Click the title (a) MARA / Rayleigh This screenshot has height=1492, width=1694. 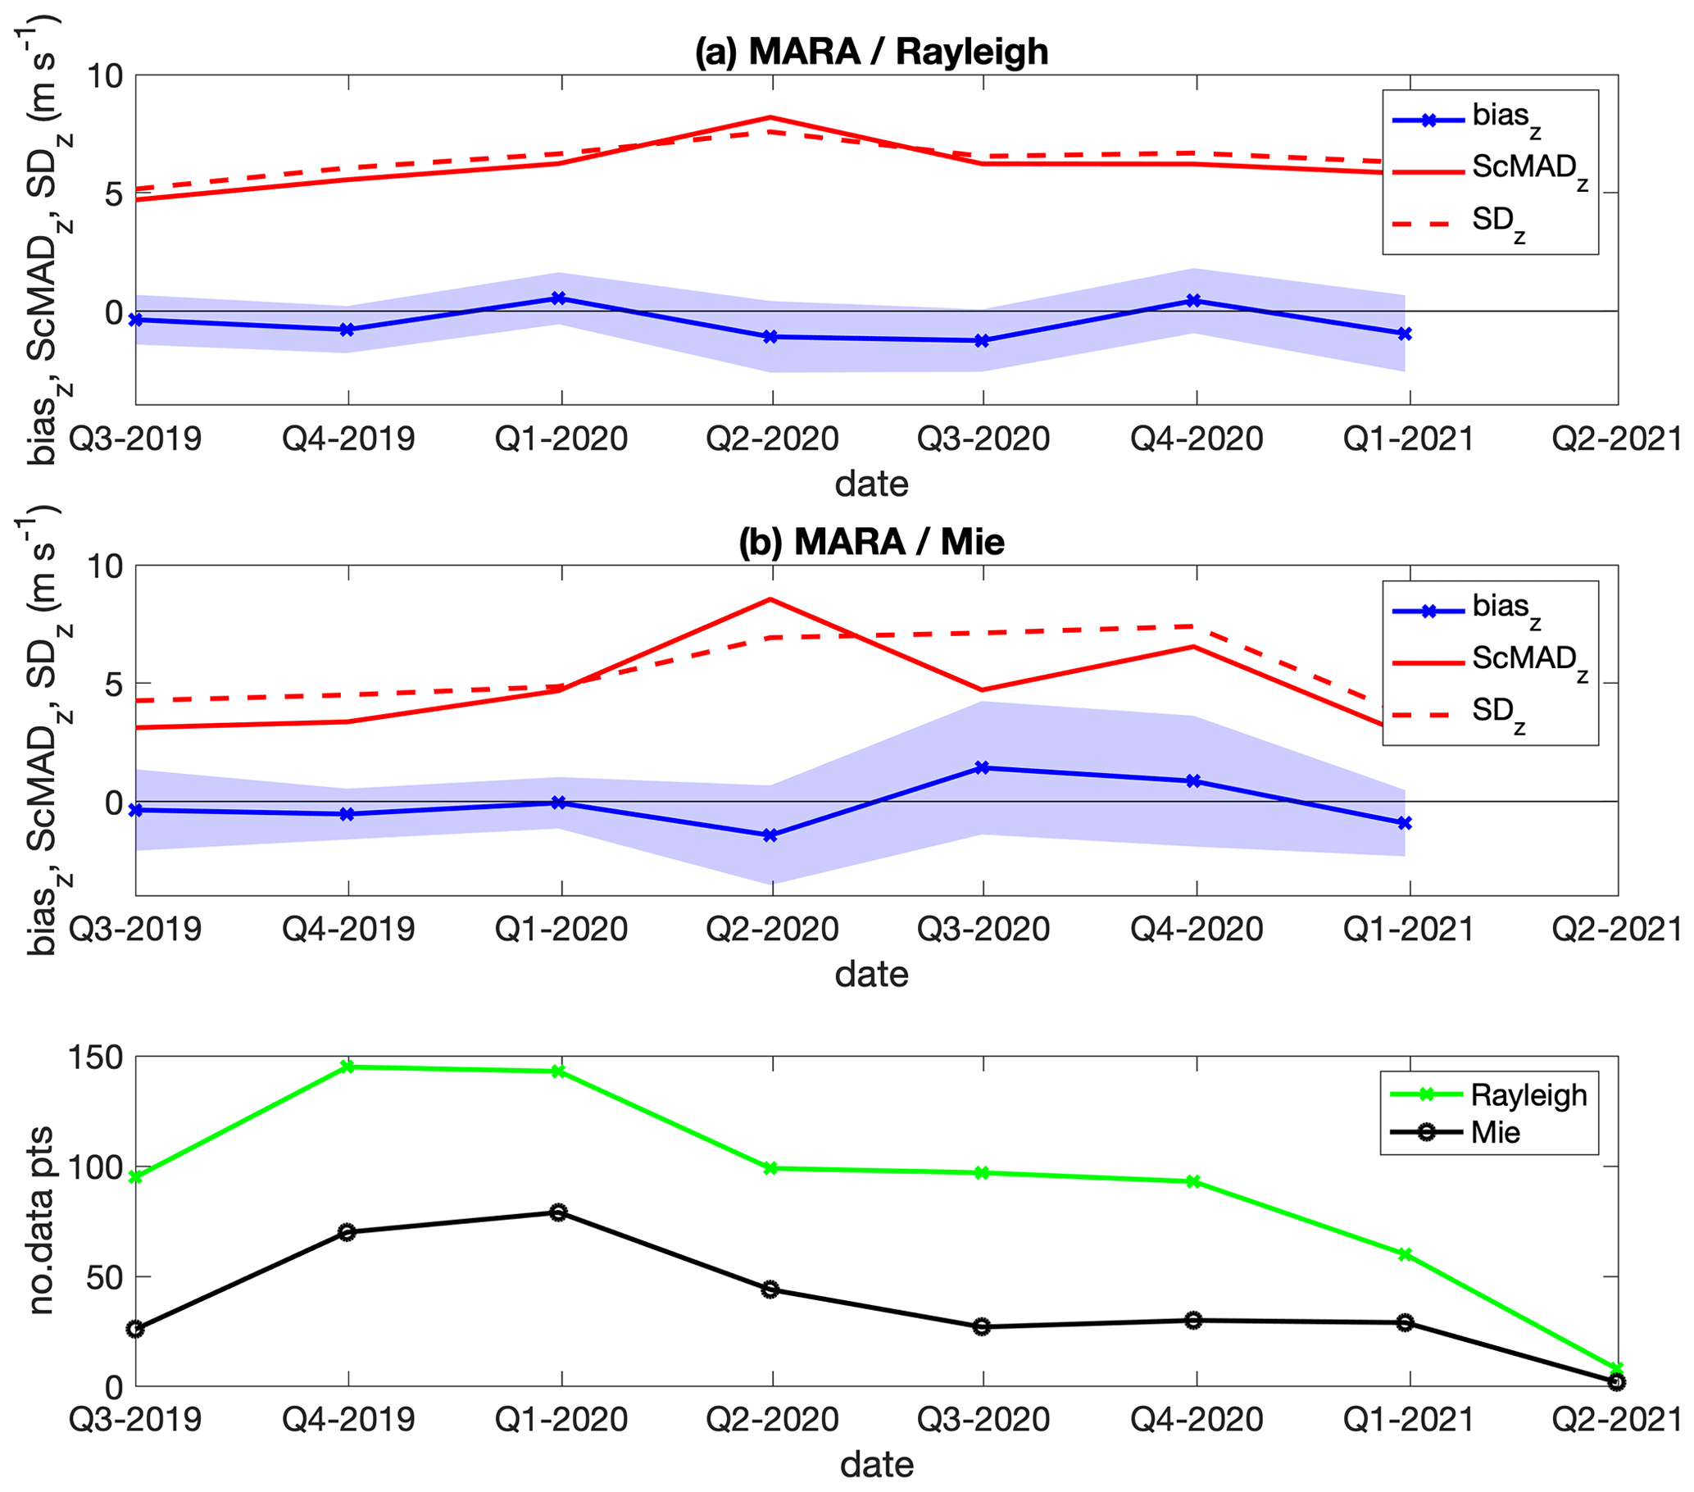pos(871,52)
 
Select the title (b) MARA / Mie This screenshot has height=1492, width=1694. pos(871,542)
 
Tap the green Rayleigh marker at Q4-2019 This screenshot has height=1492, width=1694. pos(348,1067)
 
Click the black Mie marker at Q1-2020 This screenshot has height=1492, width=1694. pos(559,1212)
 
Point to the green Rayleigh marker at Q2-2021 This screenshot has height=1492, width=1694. pos(1616,1368)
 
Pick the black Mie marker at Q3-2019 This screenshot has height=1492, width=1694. pos(136,1329)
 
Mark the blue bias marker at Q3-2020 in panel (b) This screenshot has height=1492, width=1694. pos(983,767)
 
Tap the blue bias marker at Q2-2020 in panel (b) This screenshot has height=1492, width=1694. pos(770,835)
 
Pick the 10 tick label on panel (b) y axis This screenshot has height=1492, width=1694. pos(104,567)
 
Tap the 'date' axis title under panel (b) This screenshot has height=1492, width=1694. pos(871,974)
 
